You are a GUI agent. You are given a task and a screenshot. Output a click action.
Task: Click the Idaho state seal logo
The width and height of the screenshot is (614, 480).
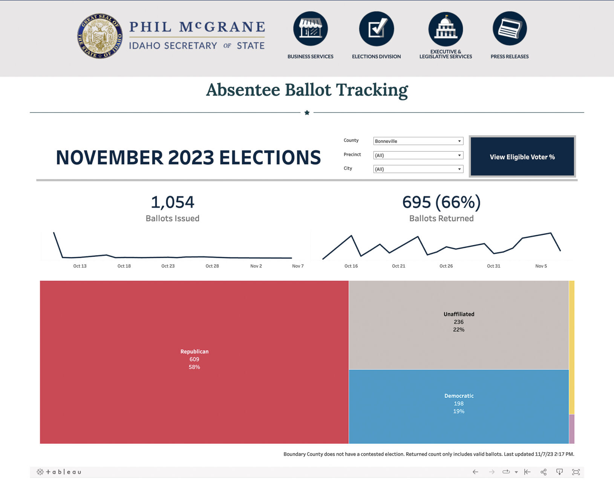[x=100, y=36]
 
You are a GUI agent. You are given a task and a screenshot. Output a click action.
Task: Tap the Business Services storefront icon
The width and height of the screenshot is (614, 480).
[x=310, y=29]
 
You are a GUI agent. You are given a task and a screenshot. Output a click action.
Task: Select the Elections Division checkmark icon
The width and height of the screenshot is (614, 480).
[x=376, y=29]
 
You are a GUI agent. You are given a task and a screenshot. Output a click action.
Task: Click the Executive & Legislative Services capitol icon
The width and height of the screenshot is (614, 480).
[x=446, y=29]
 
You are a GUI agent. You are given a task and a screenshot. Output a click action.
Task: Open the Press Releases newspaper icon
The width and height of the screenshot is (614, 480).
[x=510, y=29]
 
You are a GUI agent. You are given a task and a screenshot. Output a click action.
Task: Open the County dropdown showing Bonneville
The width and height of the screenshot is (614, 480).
[x=418, y=141]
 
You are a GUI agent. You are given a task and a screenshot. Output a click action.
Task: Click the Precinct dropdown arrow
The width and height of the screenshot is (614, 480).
[x=459, y=155]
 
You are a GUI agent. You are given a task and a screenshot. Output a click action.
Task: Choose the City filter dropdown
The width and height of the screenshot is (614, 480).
[x=418, y=169]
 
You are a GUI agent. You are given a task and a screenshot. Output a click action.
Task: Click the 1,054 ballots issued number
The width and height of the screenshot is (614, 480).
[x=173, y=202]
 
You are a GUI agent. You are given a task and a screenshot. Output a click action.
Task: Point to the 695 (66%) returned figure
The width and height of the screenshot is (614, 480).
[x=441, y=202]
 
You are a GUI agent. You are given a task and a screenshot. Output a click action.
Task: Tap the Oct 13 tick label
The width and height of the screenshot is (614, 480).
[x=80, y=266]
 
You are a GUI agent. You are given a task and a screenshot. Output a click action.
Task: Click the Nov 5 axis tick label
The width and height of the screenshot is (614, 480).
[x=541, y=266]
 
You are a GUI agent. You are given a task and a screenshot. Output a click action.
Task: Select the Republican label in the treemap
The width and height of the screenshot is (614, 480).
[x=194, y=352]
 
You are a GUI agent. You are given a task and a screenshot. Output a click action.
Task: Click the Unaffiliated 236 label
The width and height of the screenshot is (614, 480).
[x=459, y=322]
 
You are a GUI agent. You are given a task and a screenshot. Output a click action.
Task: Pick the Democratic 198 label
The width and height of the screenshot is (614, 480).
[x=459, y=403]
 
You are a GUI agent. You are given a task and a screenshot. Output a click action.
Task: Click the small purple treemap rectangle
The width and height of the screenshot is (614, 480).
[x=571, y=429]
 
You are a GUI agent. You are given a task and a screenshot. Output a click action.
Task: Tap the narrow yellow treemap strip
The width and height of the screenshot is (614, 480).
[x=571, y=347]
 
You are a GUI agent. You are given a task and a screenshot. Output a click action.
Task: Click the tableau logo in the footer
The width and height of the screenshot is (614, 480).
[x=59, y=472]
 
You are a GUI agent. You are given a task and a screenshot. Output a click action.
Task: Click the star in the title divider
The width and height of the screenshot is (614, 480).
[x=307, y=112]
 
